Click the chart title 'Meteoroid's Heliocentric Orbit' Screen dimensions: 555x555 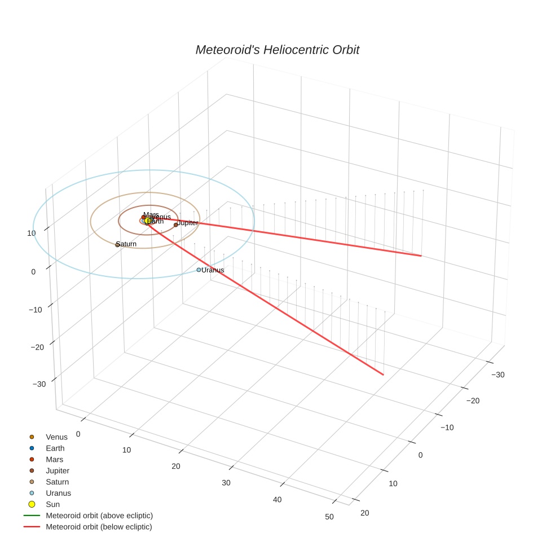277,50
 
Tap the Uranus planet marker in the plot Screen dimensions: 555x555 199,270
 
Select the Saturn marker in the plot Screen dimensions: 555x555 117,245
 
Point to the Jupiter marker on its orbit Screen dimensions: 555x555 176,224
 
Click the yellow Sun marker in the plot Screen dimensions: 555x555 148,221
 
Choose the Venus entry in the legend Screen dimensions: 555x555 56,437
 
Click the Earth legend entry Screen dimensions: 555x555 55,448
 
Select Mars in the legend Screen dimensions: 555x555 54,459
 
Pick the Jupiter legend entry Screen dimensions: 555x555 57,470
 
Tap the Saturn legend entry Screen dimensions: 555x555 57,482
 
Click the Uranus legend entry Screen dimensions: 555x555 58,493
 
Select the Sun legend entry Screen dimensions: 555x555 52,504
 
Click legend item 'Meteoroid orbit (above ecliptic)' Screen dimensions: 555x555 99,516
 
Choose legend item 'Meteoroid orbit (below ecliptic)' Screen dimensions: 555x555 99,527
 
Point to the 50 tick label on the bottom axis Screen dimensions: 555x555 329,517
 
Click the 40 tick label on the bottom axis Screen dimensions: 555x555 277,500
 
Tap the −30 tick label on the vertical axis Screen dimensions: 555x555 39,384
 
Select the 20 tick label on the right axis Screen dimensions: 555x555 364,512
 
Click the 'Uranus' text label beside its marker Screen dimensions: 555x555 213,270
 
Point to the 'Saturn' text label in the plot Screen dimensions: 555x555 126,244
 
